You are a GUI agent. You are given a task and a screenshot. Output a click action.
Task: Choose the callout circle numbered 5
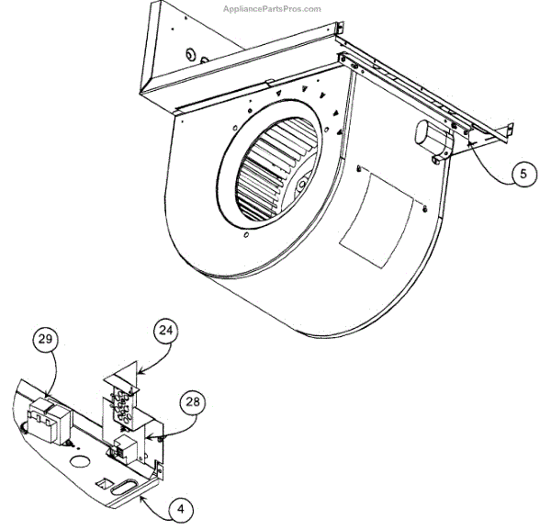(x=522, y=173)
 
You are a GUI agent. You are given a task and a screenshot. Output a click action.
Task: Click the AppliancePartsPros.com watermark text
(x=272, y=8)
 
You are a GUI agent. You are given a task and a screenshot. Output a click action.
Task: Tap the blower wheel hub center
(x=302, y=184)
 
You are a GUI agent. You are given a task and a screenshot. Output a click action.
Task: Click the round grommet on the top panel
(x=192, y=56)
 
